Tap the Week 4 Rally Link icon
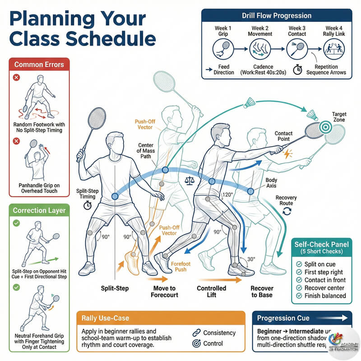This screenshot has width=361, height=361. [333, 47]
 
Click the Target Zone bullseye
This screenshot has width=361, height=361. [324, 128]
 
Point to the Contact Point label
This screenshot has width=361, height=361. [283, 136]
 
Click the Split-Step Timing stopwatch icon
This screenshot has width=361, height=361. [88, 205]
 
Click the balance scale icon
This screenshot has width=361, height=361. [190, 180]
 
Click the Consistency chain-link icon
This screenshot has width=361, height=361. [196, 333]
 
